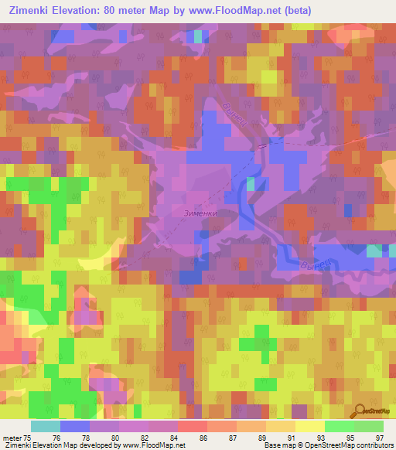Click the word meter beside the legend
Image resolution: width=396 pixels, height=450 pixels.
[x=9, y=437]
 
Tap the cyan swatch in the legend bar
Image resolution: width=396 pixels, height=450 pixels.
[x=46, y=426]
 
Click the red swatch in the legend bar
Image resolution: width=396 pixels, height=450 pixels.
[x=193, y=426]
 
